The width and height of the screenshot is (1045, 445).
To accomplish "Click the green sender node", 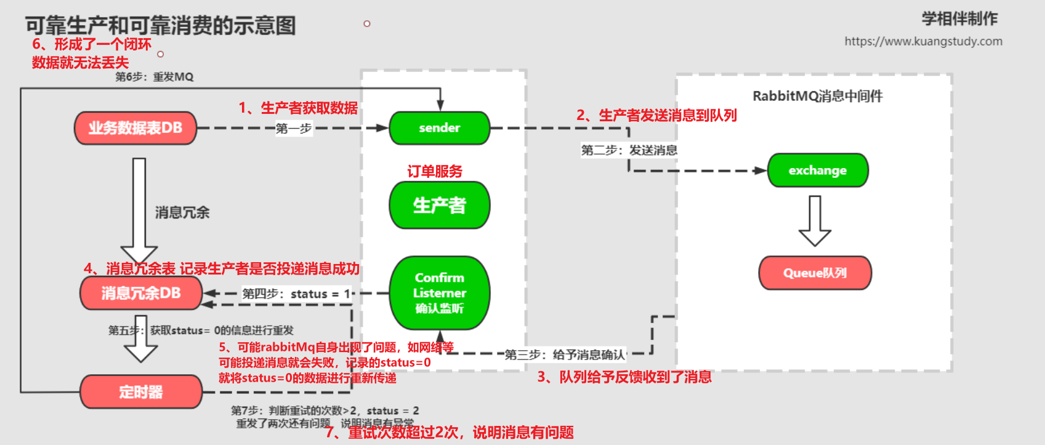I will (x=439, y=128).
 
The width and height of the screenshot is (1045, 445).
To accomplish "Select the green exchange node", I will (x=817, y=170).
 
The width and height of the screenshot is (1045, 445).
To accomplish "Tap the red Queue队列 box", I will (x=815, y=273).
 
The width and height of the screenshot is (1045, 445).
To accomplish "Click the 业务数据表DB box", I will (x=135, y=128).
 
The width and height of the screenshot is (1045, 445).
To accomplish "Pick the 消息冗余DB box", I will (x=141, y=293).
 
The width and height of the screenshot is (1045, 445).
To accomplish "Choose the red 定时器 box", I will (x=141, y=391).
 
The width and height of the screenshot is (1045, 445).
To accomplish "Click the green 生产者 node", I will (x=439, y=205).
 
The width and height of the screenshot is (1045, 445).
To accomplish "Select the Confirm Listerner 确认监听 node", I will (x=439, y=293).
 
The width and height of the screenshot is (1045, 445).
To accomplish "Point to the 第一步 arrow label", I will (x=294, y=129).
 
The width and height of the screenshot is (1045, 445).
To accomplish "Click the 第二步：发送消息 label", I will (x=629, y=150).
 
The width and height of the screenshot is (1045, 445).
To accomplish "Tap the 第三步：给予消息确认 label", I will (x=565, y=355).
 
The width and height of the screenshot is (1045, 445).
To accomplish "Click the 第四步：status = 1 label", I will (x=296, y=294).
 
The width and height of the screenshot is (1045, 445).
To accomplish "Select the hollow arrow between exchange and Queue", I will (x=815, y=221).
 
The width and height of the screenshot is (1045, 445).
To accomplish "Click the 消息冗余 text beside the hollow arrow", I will (x=182, y=213).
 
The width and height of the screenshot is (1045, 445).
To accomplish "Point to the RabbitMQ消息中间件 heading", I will (x=817, y=96).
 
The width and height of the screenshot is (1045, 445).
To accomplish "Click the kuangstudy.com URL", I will (x=923, y=41).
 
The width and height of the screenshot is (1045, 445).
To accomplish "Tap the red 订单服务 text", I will (x=435, y=171).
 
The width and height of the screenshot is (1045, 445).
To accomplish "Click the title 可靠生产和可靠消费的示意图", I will (x=160, y=25).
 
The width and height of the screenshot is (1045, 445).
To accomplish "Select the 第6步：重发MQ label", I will (x=155, y=77).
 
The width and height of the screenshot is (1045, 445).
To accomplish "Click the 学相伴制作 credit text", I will (x=959, y=18).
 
